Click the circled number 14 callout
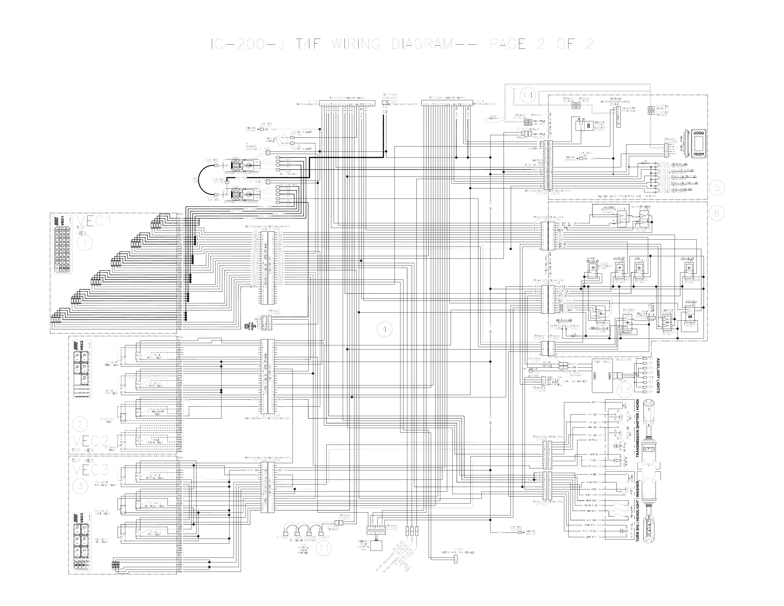click(527, 96)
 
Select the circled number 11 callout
click(324, 548)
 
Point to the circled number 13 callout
click(625, 390)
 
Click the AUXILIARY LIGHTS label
click(658, 375)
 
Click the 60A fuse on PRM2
click(236, 163)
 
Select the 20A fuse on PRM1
click(236, 197)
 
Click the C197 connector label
click(458, 549)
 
